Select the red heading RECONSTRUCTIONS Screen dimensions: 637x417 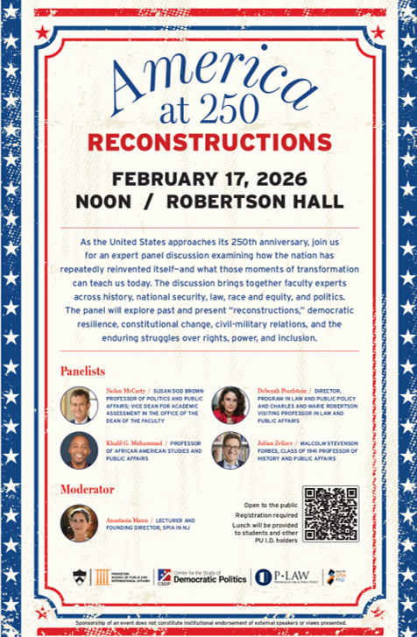point(208,142)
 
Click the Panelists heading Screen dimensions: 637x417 point(82,371)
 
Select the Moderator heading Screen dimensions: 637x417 point(87,488)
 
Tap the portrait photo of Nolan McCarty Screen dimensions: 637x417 point(79,405)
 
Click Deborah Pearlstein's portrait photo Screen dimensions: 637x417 point(230,405)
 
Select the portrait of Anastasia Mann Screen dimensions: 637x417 point(79,523)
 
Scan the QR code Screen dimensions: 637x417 point(330,514)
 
